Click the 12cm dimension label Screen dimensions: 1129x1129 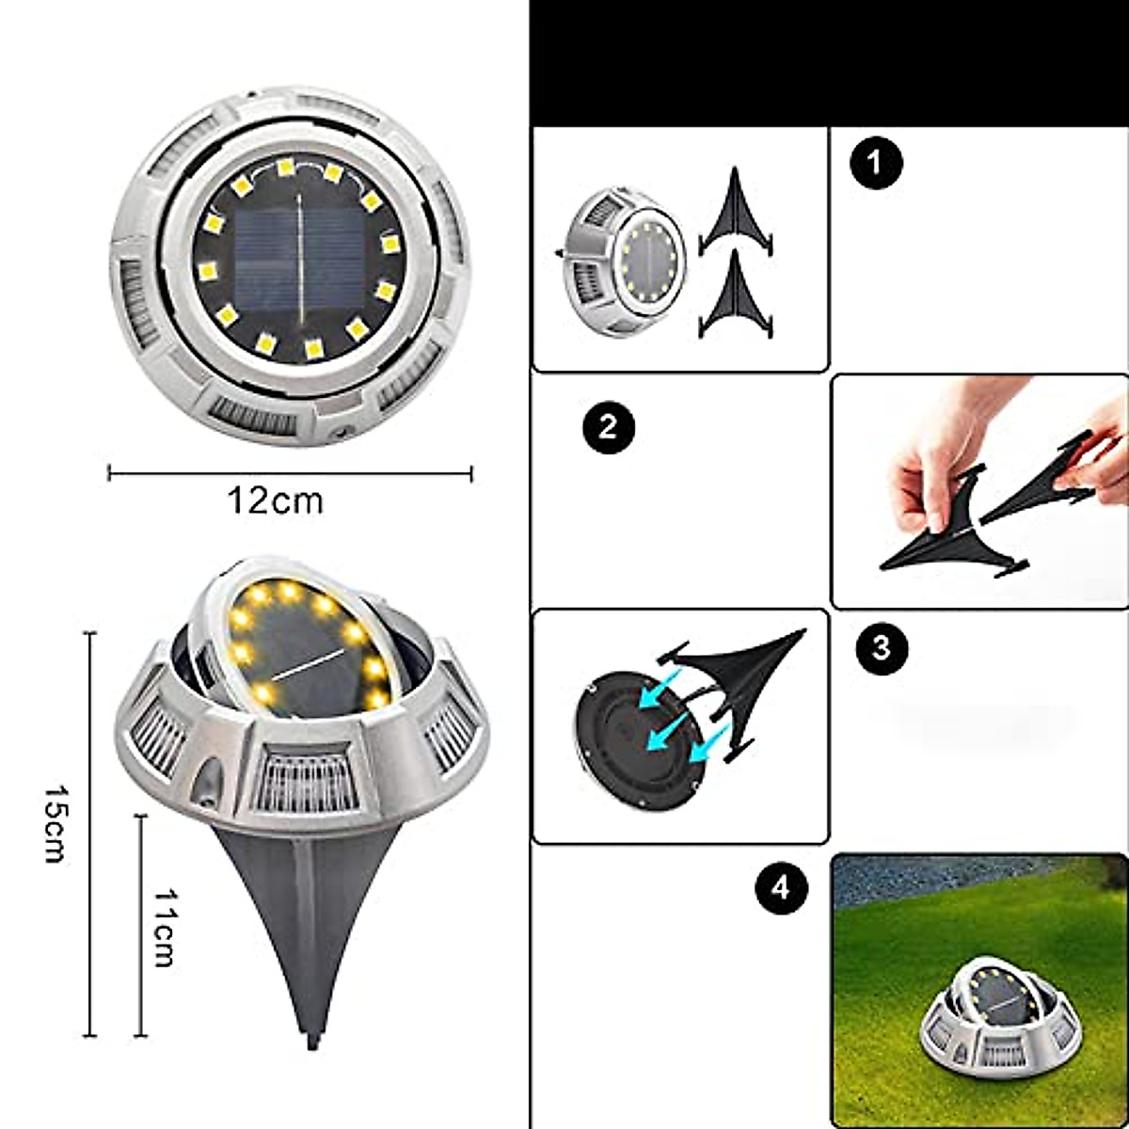tap(275, 501)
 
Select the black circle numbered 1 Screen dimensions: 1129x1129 tap(876, 163)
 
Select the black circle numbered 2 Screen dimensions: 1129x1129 tap(607, 429)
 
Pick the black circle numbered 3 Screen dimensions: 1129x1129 tap(882, 648)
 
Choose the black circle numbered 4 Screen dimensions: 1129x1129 tap(782, 887)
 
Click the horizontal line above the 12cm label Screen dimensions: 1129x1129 tap(290, 473)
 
